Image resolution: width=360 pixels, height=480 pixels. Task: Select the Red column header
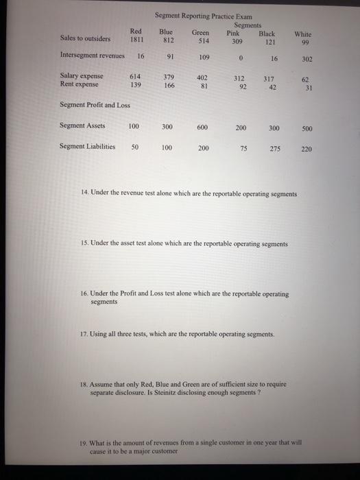coord(135,32)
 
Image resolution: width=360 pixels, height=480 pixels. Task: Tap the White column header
coord(302,34)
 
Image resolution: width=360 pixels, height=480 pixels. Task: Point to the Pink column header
coord(234,32)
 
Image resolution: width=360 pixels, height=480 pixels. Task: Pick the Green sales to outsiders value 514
coord(201,40)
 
